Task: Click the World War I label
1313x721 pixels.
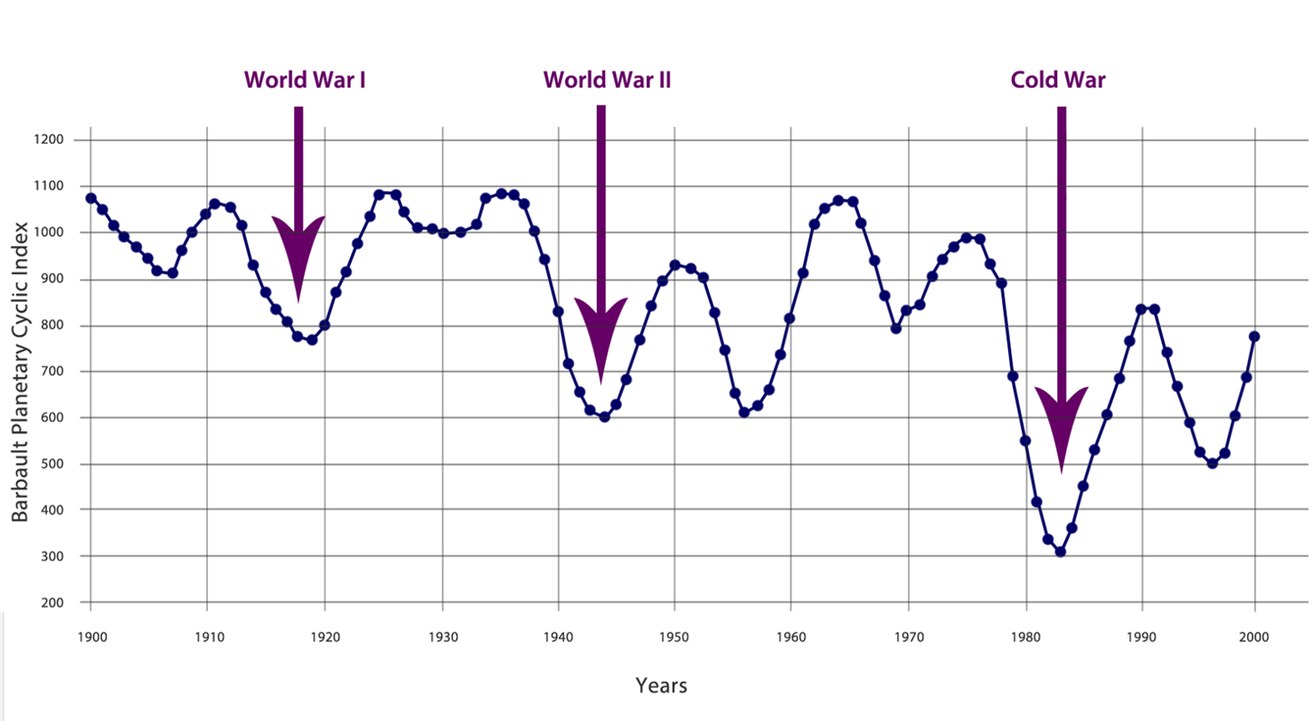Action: pos(304,80)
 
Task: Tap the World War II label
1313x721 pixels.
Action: pos(607,80)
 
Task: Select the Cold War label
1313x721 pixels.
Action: pos(1058,80)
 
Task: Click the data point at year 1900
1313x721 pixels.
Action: pos(90,198)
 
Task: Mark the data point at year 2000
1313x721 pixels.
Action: pos(1254,337)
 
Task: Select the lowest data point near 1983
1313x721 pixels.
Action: pos(1060,552)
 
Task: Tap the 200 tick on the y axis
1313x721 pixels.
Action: pos(53,602)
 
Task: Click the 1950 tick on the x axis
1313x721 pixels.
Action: pos(674,637)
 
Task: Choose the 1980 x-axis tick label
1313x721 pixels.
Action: pos(1025,637)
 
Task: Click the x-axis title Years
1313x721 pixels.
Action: pos(661,686)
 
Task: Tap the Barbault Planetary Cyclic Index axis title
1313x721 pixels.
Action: pos(19,372)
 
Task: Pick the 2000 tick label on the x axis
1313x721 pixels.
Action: pos(1254,637)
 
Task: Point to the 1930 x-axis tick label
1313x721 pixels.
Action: pos(442,637)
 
